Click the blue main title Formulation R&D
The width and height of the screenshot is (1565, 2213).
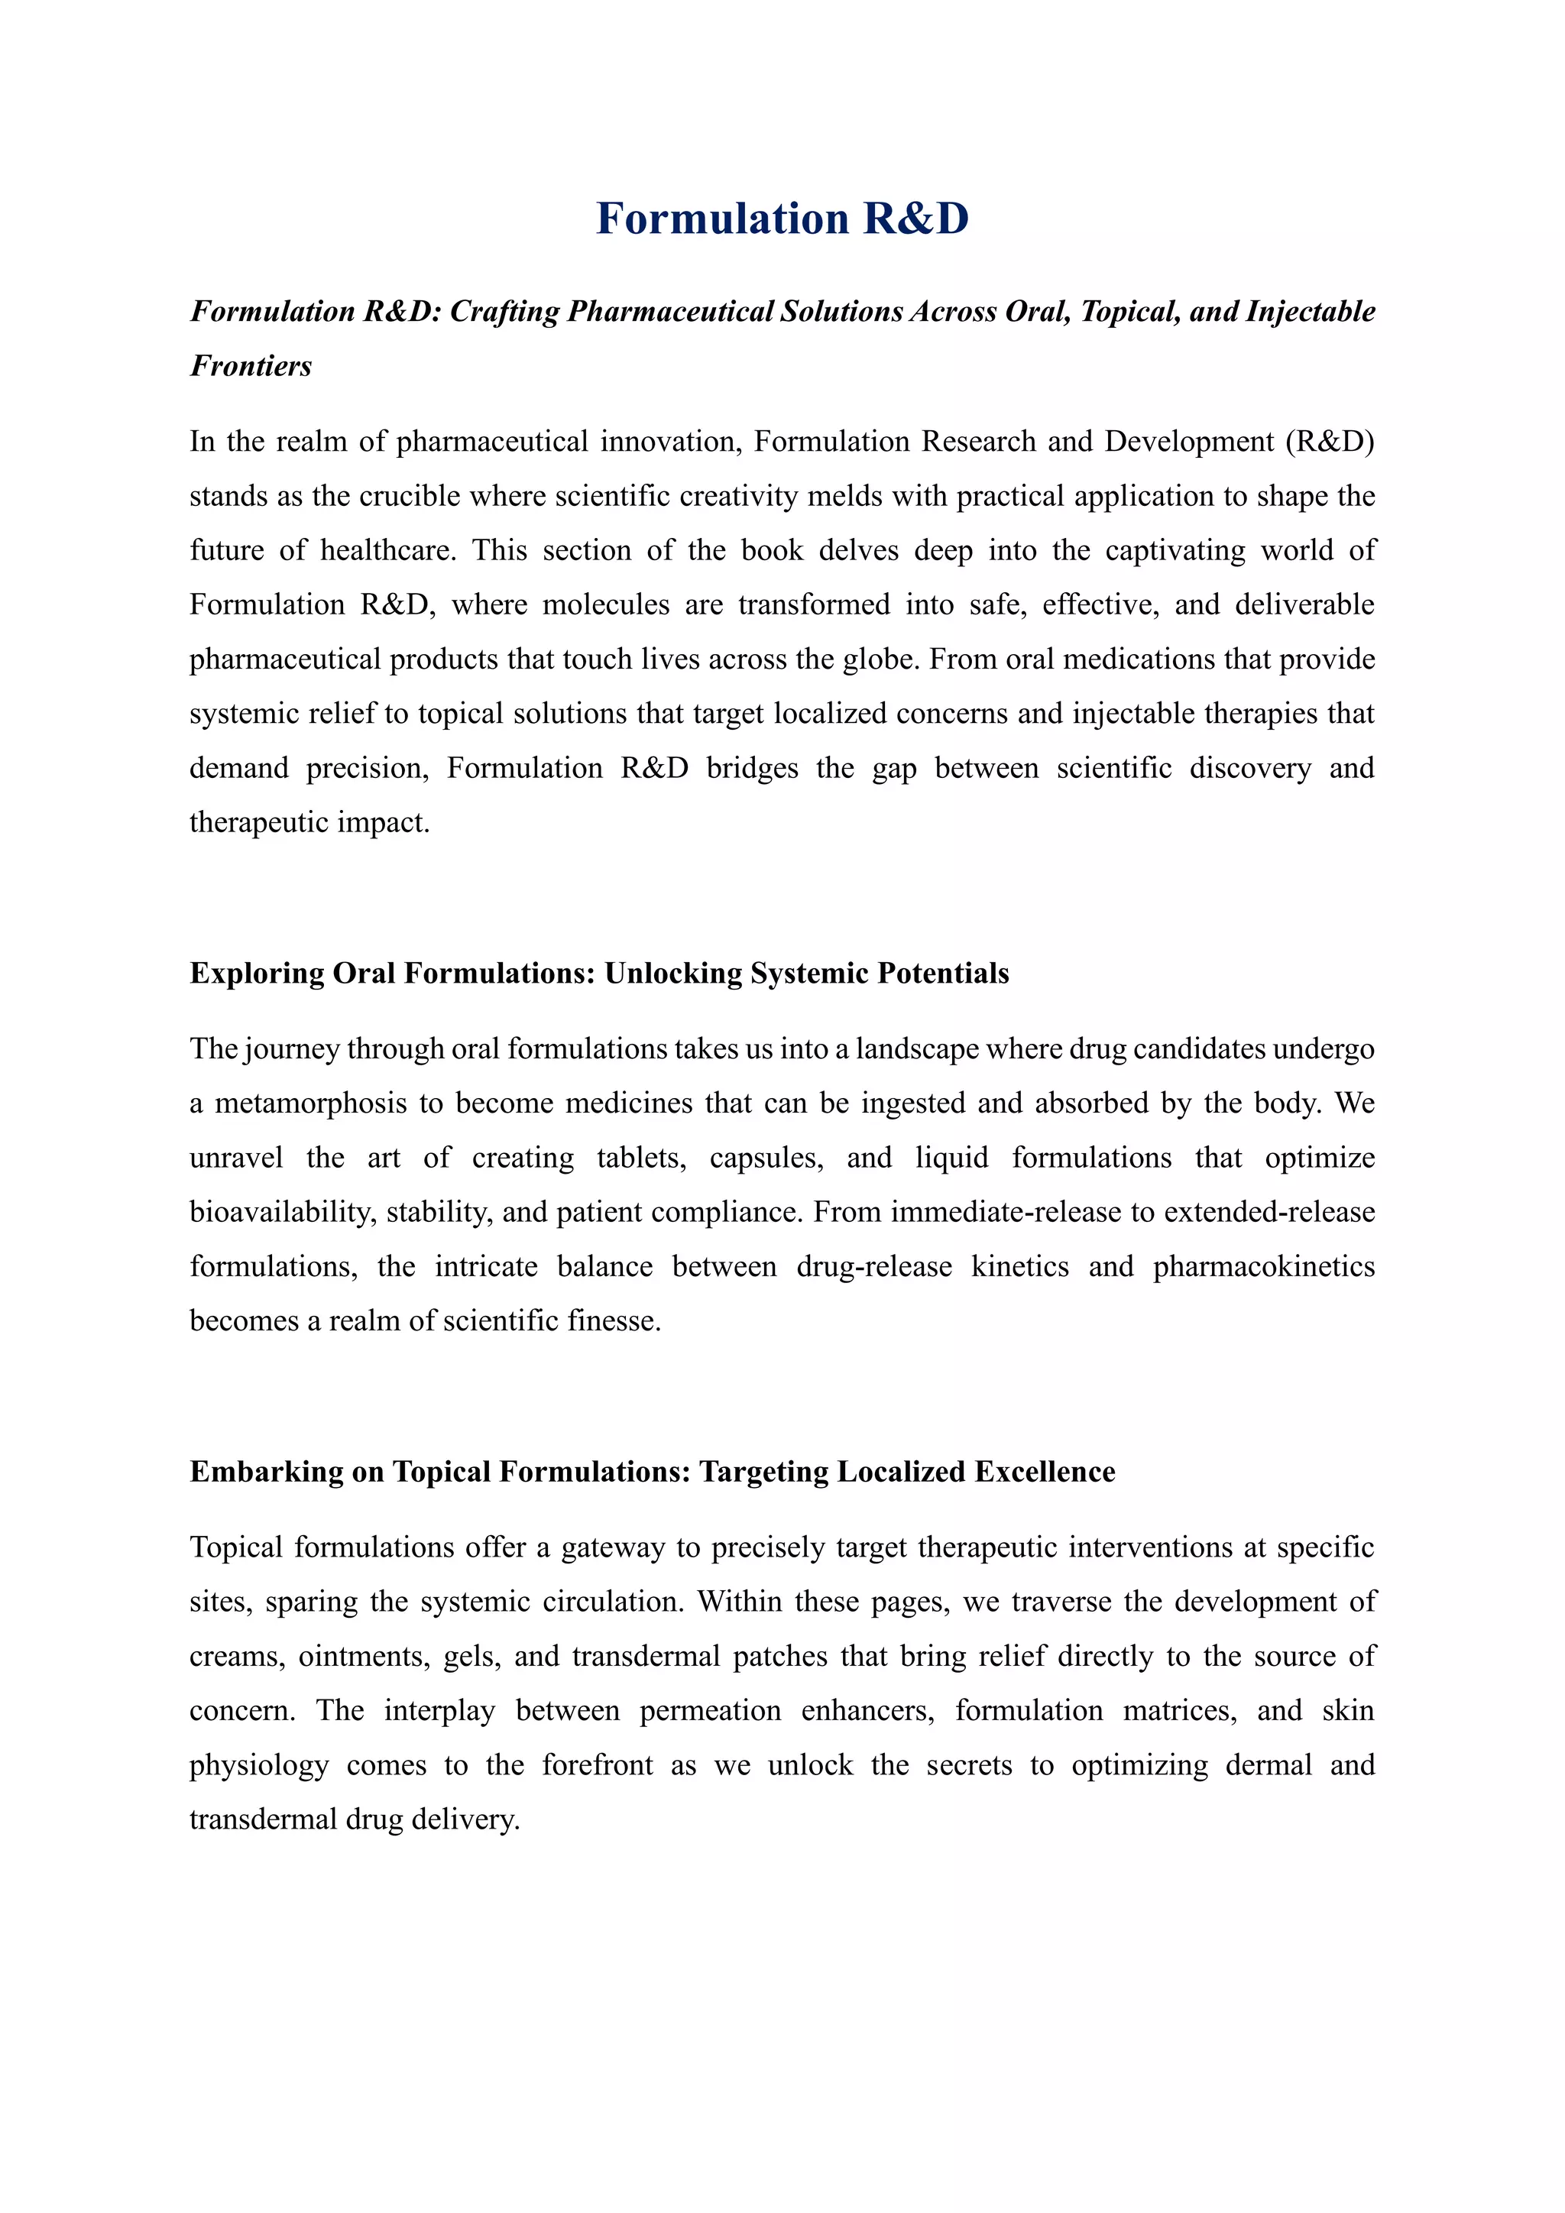click(782, 219)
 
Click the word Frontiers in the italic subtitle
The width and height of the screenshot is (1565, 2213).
click(251, 366)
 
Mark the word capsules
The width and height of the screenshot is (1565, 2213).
click(766, 1158)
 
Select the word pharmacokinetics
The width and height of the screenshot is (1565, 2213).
click(1263, 1266)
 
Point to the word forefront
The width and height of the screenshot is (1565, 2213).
click(598, 1766)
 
